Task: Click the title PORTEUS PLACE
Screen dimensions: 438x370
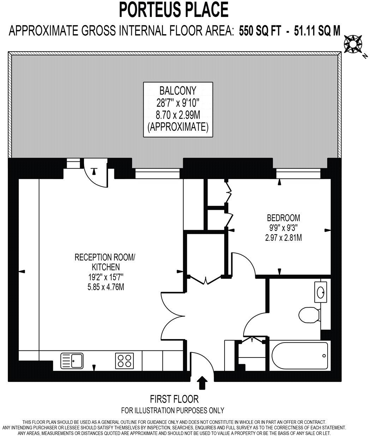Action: (x=173, y=10)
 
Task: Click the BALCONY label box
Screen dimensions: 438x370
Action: (x=178, y=109)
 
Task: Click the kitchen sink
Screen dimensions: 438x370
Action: (x=72, y=361)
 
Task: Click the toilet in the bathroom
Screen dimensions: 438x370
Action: (x=308, y=314)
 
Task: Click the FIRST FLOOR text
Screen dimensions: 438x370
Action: (x=174, y=399)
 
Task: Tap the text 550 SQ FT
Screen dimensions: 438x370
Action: (x=260, y=31)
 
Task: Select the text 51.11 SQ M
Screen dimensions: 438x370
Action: (x=315, y=31)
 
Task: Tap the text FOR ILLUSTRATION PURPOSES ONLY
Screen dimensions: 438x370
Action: (x=172, y=410)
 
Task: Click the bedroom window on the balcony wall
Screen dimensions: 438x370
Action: (x=298, y=174)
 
